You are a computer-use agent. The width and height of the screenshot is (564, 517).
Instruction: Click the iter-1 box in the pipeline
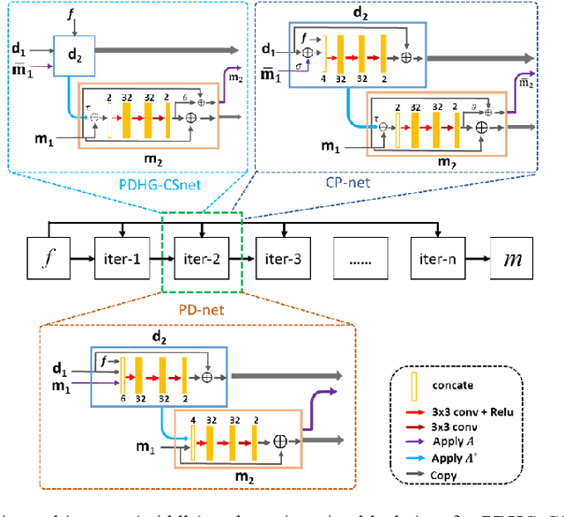tap(117, 260)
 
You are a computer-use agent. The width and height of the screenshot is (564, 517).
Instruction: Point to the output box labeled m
tap(513, 260)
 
